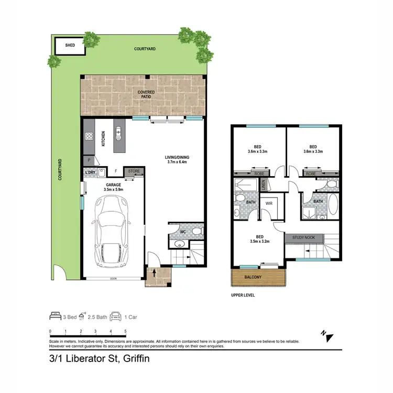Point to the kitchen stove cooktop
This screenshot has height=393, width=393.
click(89, 138)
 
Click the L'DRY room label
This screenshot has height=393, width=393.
click(90, 171)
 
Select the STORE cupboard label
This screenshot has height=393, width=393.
click(134, 170)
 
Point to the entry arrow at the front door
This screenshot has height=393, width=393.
click(154, 272)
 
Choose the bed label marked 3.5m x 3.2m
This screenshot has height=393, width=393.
click(258, 239)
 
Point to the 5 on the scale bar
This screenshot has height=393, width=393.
click(125, 331)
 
